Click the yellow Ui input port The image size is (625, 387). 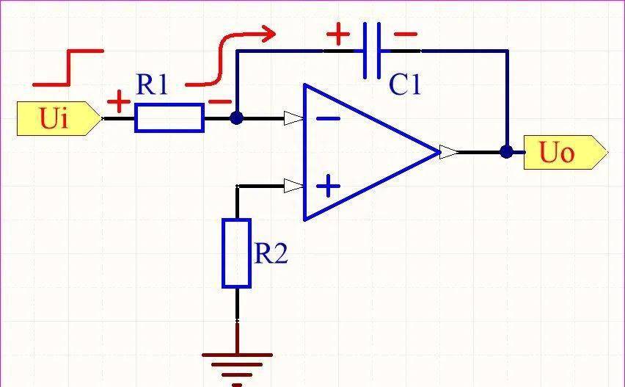[x=59, y=118]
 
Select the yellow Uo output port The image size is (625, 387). [x=565, y=153]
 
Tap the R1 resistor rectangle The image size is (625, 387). [x=169, y=117]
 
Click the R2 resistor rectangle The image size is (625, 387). [x=236, y=253]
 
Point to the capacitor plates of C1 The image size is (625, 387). [x=372, y=51]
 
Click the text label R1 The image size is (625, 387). [x=151, y=84]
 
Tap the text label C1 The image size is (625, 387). [x=405, y=85]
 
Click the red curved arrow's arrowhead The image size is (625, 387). [x=268, y=33]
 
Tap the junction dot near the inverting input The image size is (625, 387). [x=236, y=118]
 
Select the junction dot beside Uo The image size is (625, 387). [x=506, y=152]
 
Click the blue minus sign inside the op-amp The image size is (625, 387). [x=329, y=118]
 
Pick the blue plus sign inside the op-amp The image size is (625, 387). [x=329, y=186]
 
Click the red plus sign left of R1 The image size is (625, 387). [x=118, y=101]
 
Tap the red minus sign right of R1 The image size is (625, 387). [x=220, y=102]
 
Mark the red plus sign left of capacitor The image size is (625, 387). [x=338, y=34]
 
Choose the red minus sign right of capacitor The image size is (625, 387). [x=406, y=35]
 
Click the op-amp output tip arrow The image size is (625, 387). [x=449, y=152]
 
